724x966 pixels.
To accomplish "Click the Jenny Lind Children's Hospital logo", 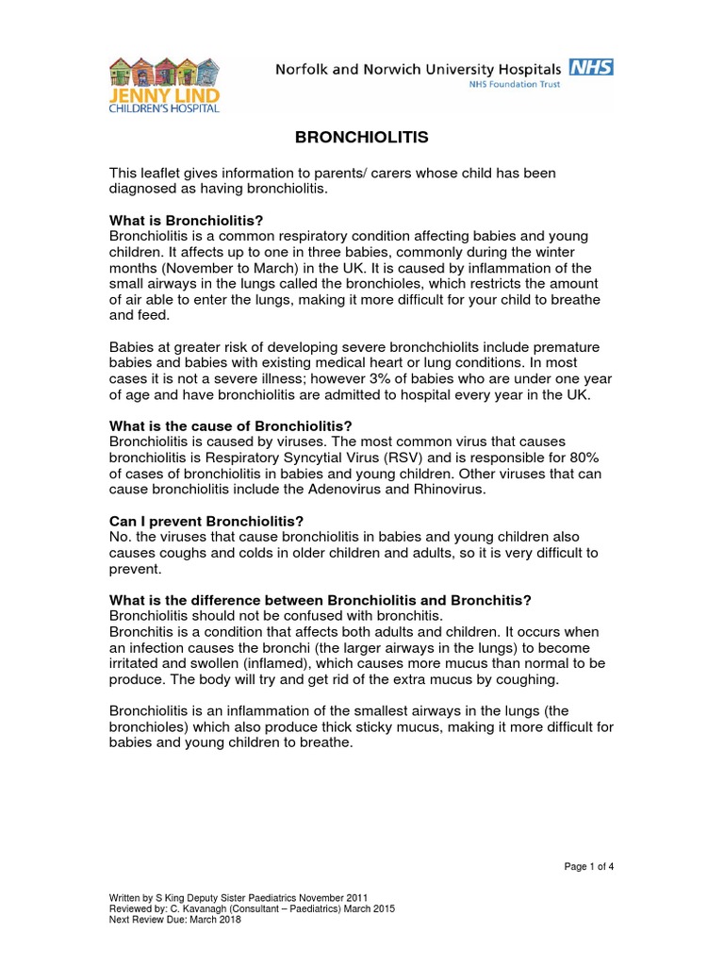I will [164, 84].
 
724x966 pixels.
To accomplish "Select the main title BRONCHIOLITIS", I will [362, 138].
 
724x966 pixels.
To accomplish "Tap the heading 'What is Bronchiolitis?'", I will [186, 220].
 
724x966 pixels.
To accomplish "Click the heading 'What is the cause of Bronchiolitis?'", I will [230, 425].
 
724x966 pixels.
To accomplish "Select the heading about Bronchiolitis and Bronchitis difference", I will [321, 600].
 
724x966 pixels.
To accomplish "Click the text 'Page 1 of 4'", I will [589, 867].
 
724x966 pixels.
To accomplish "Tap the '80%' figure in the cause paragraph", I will [582, 457].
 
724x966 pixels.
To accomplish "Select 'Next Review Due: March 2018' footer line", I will [175, 920].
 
